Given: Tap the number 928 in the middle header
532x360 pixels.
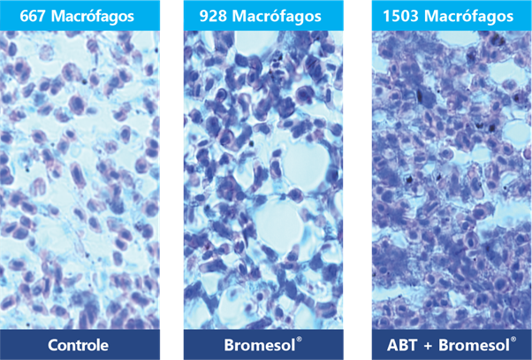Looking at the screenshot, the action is pos(213,16).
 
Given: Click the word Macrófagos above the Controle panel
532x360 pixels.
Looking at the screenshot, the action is pos(92,17).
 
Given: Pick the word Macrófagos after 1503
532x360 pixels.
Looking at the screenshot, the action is pos(468,17).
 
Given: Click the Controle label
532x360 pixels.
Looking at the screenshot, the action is pos(78,345).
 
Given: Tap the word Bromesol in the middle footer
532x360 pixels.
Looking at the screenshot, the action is pos(260,345).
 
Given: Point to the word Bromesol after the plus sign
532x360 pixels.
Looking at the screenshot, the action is pos(474,345).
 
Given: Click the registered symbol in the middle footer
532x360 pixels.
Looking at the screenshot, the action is pos(299,340).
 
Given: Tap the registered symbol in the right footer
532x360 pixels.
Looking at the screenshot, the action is pos(513,340).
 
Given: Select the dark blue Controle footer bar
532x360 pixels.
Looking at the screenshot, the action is pos(80,344).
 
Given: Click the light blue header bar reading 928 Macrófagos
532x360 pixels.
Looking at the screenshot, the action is pos(263,15).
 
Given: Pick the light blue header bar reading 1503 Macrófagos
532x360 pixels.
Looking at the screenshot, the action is pos(452,15).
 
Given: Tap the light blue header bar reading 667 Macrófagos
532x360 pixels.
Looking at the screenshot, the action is pos(80,15).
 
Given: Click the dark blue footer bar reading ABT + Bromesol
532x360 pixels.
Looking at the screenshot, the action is pos(452,344).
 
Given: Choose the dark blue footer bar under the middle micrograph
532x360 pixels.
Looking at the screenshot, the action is pos(263,344).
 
